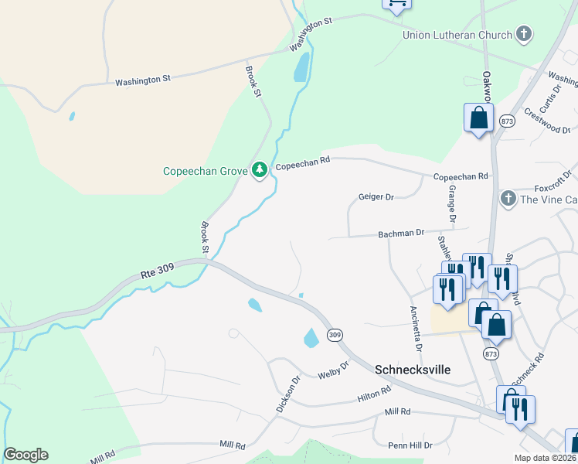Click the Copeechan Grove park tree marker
pos(260,169)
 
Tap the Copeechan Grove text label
pos(204,171)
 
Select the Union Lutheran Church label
pos(457,35)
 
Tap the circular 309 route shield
pos(334,335)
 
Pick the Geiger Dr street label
pos(376,197)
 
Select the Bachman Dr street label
pos(401,233)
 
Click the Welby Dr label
pos(334,375)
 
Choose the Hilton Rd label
pos(374,396)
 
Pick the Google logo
pos(25,455)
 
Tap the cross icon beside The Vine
pos(508,199)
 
